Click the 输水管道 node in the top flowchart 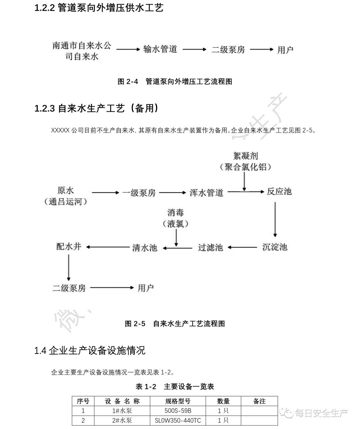coord(160,49)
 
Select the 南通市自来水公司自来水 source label coord(82,51)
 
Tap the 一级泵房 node coord(139,193)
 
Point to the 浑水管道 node coord(206,193)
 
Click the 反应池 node coord(279,192)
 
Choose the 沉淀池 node coord(275,247)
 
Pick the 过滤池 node coord(210,247)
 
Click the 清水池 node coord(144,248)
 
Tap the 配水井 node coord(69,247)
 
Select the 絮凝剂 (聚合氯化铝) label coord(245,161)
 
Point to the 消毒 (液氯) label coord(176,218)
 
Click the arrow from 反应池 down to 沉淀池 coord(275,219)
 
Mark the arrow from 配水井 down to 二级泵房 coord(69,268)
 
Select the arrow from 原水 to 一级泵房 coord(105,193)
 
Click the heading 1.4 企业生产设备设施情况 coord(90,350)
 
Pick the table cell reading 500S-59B coord(178,411)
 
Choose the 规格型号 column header coord(178,401)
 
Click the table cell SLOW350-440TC coord(178,420)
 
